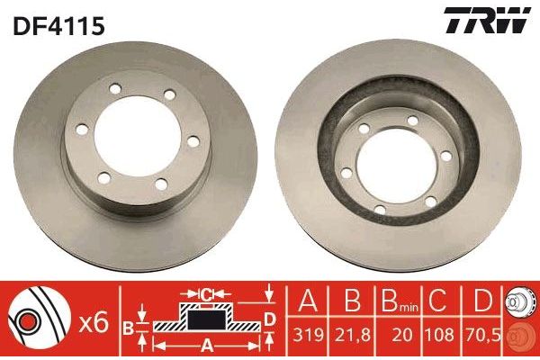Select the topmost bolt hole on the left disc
[x=115, y=91]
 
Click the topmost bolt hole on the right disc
[x=410, y=120]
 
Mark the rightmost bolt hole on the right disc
[x=445, y=158]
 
